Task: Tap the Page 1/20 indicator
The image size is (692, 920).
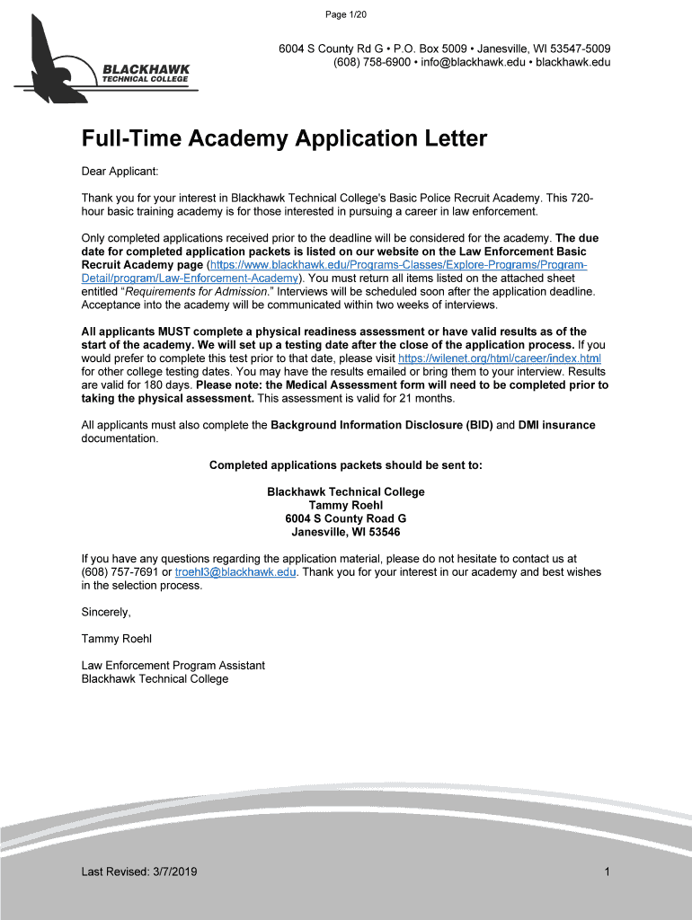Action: (345, 13)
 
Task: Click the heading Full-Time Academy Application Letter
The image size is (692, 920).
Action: (284, 139)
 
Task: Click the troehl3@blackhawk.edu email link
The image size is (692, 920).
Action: (235, 572)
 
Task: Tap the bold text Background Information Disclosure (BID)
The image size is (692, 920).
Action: (382, 425)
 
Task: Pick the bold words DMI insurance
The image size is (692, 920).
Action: (556, 425)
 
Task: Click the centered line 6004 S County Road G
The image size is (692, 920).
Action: (346, 518)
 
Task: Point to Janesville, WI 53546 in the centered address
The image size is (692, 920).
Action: (346, 532)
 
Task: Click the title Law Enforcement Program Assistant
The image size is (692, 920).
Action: (173, 666)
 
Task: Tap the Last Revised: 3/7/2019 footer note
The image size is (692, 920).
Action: (139, 872)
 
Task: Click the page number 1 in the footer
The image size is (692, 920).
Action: (608, 872)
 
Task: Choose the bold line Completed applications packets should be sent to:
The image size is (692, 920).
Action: (346, 465)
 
